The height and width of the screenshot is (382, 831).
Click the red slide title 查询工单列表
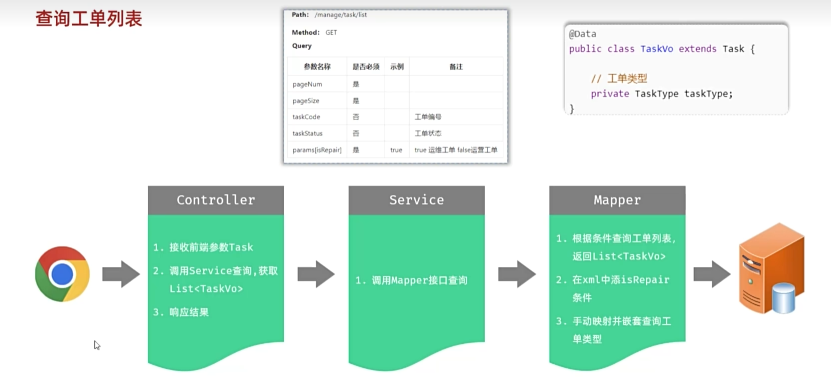pyautogui.click(x=88, y=18)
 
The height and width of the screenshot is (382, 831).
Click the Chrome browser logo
pyautogui.click(x=62, y=274)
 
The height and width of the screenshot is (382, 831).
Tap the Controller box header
pyautogui.click(x=216, y=200)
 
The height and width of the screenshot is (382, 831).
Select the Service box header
pyautogui.click(x=417, y=200)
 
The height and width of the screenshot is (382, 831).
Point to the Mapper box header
pyautogui.click(x=618, y=200)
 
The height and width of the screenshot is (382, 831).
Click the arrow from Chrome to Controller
pyautogui.click(x=121, y=274)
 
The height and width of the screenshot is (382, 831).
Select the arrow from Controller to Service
pyautogui.click(x=316, y=274)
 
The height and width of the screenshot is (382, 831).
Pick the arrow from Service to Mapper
pyautogui.click(x=517, y=274)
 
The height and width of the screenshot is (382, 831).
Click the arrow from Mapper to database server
pyautogui.click(x=712, y=274)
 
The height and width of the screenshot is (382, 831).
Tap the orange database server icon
pyautogui.click(x=772, y=269)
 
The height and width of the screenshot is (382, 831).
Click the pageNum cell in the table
pyautogui.click(x=307, y=84)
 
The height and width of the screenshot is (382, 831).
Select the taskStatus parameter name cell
pyautogui.click(x=308, y=133)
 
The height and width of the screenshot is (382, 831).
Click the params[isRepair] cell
pyautogui.click(x=317, y=150)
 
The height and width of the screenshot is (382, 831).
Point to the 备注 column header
pyautogui.click(x=456, y=67)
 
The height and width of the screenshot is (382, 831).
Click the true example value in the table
pyautogui.click(x=396, y=150)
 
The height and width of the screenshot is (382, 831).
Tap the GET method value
pyautogui.click(x=331, y=32)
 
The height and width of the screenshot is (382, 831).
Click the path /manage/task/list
pyautogui.click(x=341, y=15)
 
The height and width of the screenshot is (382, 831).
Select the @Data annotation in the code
pyautogui.click(x=582, y=34)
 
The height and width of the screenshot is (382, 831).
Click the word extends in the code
pyautogui.click(x=697, y=49)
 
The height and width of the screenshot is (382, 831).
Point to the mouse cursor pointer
pyautogui.click(x=97, y=346)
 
